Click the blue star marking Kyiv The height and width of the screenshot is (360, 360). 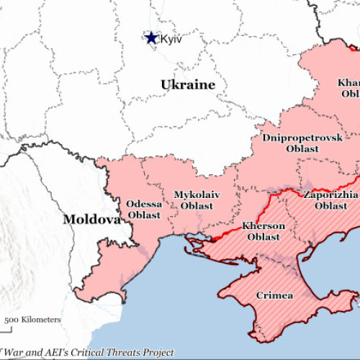(151, 37)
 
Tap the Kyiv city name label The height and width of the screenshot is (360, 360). (171, 39)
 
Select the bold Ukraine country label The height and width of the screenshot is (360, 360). (187, 85)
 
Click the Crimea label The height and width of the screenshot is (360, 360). (274, 295)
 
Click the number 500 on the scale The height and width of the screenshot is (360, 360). (12, 320)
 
